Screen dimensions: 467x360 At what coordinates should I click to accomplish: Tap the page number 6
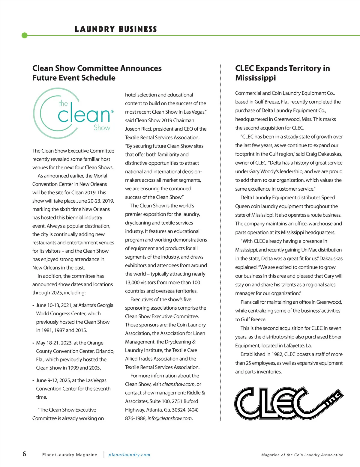click(24, 454)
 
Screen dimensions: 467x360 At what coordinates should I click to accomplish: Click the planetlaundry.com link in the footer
click(129, 455)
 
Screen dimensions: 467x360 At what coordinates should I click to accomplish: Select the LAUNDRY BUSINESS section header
click(116, 29)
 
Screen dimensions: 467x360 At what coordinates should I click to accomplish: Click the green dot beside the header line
click(25, 35)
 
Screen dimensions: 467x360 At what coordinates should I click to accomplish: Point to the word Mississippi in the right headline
click(255, 78)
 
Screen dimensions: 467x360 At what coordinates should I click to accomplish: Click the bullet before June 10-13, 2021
click(33, 306)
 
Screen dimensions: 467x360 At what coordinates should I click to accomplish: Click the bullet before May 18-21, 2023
click(33, 343)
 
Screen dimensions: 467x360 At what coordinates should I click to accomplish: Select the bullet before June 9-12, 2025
click(33, 381)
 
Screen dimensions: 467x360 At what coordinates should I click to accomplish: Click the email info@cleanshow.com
click(170, 418)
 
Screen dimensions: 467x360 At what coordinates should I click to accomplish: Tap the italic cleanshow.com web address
click(178, 384)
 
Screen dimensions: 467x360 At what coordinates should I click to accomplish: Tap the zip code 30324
click(178, 410)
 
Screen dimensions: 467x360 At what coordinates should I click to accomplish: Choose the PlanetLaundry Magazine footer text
click(70, 455)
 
